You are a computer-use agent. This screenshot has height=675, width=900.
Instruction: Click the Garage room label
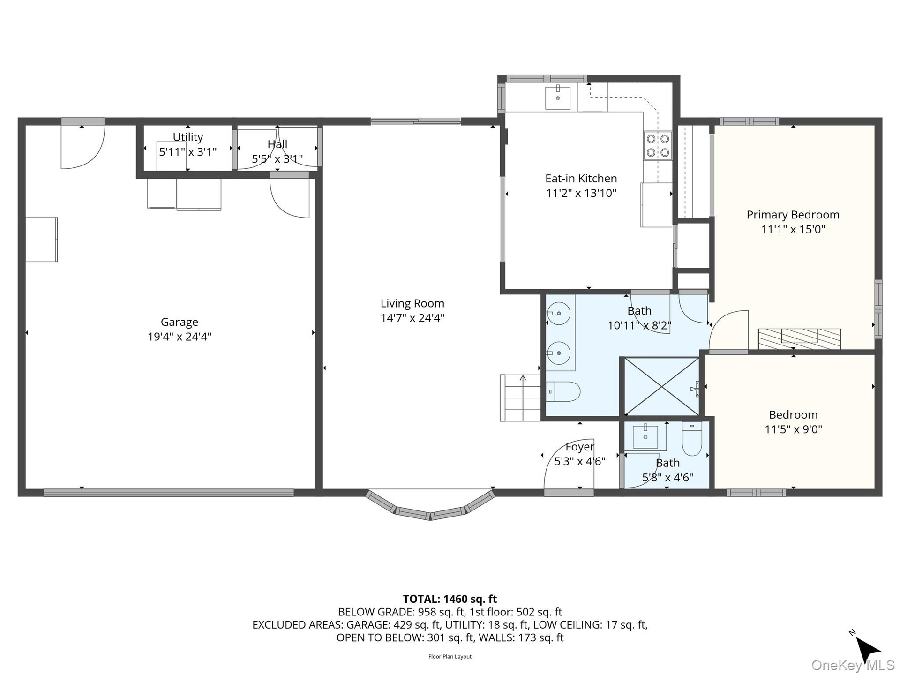(x=180, y=322)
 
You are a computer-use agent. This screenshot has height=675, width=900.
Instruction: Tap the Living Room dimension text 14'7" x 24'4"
(x=412, y=318)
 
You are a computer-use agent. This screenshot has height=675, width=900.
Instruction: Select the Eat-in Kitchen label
(x=581, y=179)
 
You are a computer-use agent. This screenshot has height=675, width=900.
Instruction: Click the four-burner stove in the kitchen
(x=657, y=145)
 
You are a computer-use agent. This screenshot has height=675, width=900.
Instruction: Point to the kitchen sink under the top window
(x=558, y=97)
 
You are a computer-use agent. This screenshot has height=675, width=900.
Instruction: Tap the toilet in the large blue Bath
(x=563, y=391)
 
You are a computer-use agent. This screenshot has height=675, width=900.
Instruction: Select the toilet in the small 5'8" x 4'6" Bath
(x=692, y=439)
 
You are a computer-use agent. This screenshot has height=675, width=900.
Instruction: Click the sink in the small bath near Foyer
(x=645, y=437)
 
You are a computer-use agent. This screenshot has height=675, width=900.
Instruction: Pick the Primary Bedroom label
(x=793, y=215)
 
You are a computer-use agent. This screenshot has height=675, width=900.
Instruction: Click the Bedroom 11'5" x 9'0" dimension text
(x=794, y=429)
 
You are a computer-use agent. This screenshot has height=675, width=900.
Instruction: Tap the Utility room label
(x=188, y=137)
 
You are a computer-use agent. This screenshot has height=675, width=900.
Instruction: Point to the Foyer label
(x=580, y=447)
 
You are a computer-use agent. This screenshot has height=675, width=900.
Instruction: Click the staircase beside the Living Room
(x=520, y=398)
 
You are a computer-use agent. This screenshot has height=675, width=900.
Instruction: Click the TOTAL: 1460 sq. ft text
(x=450, y=599)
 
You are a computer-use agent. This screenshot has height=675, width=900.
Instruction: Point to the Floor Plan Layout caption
(x=450, y=657)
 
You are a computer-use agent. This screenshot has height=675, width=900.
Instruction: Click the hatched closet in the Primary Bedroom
(x=799, y=338)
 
